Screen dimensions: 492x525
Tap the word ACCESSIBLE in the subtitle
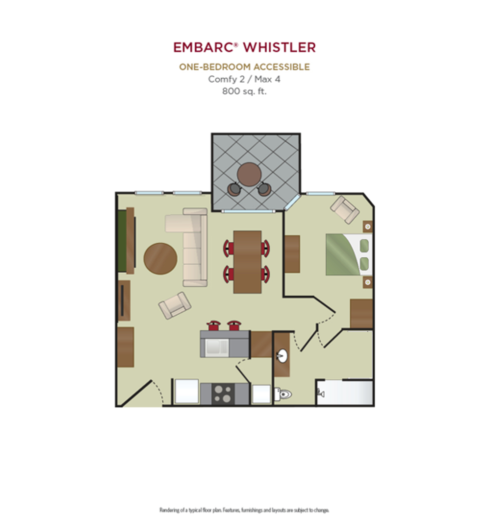pyautogui.click(x=281, y=67)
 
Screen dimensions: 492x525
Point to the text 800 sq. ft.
pyautogui.click(x=245, y=91)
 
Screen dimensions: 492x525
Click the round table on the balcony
pyautogui.click(x=249, y=175)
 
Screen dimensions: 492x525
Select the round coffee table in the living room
pyautogui.click(x=161, y=258)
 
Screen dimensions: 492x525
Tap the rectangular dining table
pyautogui.click(x=247, y=262)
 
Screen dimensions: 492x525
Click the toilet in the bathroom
pyautogui.click(x=283, y=394)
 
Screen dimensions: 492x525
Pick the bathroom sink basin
pyautogui.click(x=282, y=355)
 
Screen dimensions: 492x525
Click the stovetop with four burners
pyautogui.click(x=223, y=394)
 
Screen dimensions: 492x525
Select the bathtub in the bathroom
pyautogui.click(x=345, y=392)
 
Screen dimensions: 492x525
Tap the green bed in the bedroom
pyautogui.click(x=349, y=254)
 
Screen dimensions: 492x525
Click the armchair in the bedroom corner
pyautogui.click(x=345, y=209)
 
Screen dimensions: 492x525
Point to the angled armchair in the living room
pyautogui.click(x=175, y=305)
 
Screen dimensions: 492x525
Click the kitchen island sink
pyautogui.click(x=217, y=348)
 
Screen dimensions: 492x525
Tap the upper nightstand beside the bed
pyautogui.click(x=368, y=227)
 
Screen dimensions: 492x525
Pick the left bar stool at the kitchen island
pyautogui.click(x=214, y=325)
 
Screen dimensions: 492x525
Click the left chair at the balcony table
pyautogui.click(x=234, y=189)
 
